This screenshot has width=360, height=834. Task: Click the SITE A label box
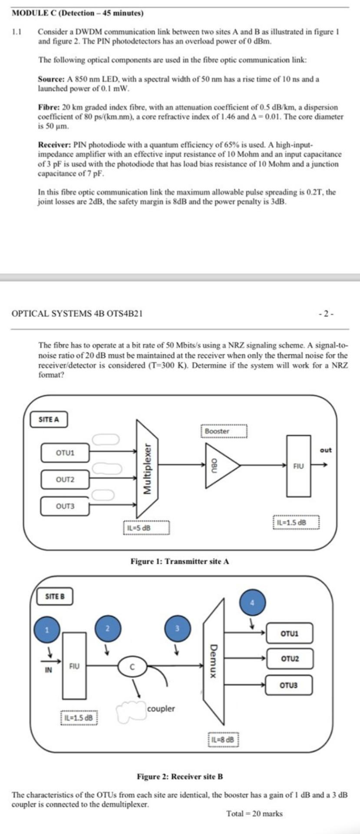click(49, 420)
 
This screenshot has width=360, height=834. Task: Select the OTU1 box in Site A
click(65, 453)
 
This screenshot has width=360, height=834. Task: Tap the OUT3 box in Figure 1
click(65, 506)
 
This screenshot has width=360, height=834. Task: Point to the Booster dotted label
click(224, 431)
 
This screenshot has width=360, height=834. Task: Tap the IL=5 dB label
click(146, 528)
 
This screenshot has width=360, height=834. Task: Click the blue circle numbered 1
click(48, 630)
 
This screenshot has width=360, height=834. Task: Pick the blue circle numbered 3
click(177, 628)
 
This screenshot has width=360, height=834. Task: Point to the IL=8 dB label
click(224, 739)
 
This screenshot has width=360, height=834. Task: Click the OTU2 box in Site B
click(289, 659)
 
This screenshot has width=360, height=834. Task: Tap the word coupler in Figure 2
click(161, 708)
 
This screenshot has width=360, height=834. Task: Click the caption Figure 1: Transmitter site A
click(180, 561)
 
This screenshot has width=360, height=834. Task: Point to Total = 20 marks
click(254, 814)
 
